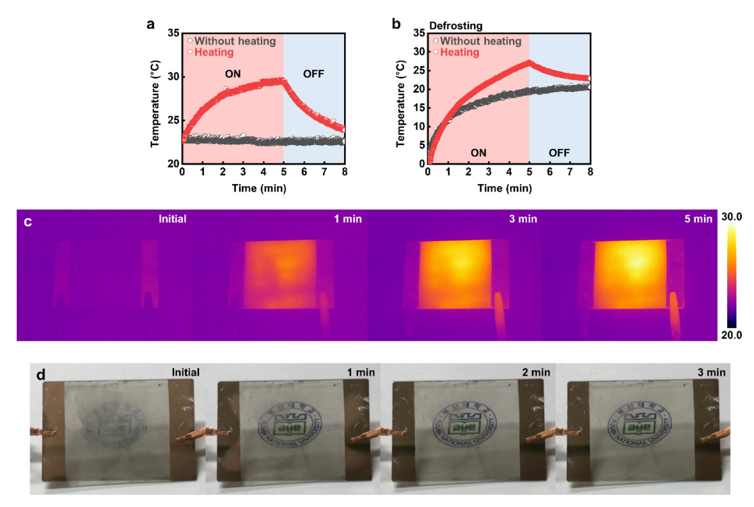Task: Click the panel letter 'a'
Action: (151, 25)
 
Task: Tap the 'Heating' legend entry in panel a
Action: (214, 52)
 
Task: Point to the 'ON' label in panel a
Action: (233, 74)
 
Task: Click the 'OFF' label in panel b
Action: (558, 153)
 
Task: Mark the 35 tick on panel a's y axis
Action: (174, 33)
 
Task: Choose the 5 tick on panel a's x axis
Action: (283, 172)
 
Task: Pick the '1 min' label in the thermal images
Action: (348, 219)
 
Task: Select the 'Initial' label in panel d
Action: (185, 372)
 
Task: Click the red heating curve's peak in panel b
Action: (529, 62)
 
